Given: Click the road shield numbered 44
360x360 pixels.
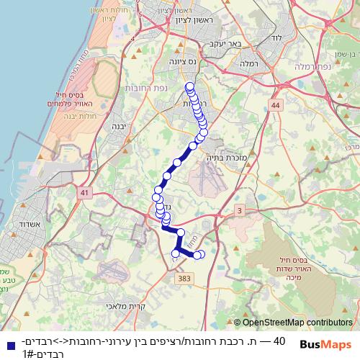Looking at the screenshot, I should click(275, 106).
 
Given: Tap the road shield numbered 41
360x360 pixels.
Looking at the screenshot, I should click(86, 193).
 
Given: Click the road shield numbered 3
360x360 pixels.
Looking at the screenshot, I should click(239, 210).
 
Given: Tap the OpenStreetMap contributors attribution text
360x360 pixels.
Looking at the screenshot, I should click(297, 323).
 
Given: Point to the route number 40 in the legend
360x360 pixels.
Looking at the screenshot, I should click(280, 341).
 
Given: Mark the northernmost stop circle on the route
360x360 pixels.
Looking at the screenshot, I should click(189, 87).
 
